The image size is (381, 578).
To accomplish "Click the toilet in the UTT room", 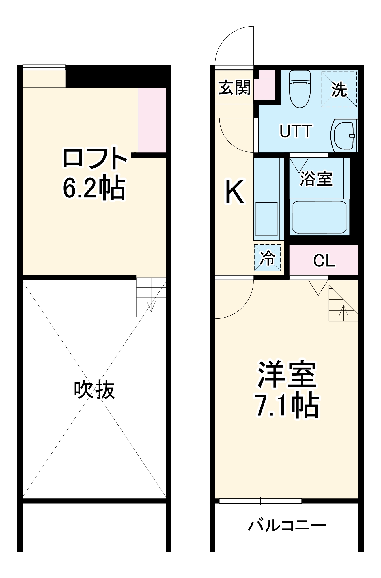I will click(x=300, y=88).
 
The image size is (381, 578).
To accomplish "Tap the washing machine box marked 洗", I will click(x=339, y=90).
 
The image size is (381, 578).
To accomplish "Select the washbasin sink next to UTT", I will click(x=344, y=135).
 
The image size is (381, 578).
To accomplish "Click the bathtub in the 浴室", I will click(x=319, y=217).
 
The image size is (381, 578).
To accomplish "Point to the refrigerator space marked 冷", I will click(x=267, y=258).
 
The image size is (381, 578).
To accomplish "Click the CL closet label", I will click(x=324, y=261).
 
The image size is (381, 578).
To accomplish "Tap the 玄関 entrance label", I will click(x=234, y=87).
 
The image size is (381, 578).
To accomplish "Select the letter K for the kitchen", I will click(x=234, y=192).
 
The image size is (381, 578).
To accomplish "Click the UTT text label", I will click(x=296, y=131).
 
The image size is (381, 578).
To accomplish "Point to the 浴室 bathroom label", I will click(x=316, y=179).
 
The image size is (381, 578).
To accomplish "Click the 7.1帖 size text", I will click(x=287, y=406).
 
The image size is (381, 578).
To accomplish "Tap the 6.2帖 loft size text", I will click(x=94, y=188).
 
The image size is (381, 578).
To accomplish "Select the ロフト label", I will click(x=95, y=158).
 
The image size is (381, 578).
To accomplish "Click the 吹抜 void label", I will click(x=94, y=390).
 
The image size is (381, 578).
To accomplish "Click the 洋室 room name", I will click(x=287, y=374).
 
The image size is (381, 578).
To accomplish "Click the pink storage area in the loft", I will click(x=152, y=120).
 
